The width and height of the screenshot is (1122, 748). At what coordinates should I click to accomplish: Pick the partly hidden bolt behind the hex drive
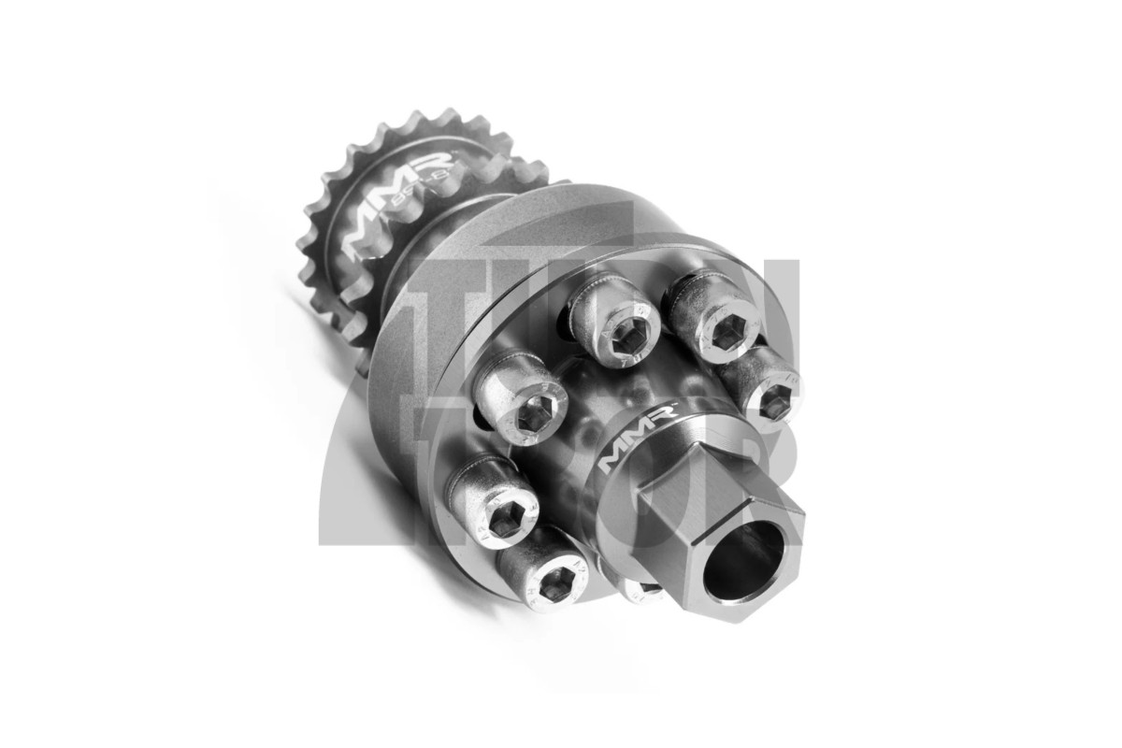tap(636, 587)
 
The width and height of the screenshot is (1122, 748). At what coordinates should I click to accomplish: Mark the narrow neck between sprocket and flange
tap(411, 271)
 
